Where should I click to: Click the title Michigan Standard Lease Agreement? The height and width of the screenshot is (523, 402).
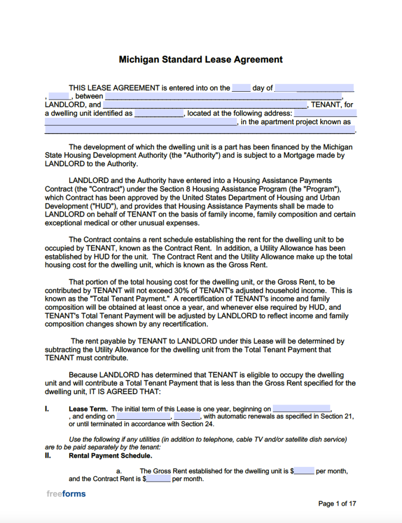(200, 59)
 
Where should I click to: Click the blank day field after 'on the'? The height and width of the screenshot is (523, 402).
(241, 88)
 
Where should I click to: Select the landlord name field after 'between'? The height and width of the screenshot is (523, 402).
(224, 96)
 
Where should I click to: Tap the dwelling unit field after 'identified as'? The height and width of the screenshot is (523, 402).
(159, 113)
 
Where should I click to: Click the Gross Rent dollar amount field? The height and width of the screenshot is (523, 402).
(304, 471)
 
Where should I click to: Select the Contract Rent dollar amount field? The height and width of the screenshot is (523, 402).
(158, 479)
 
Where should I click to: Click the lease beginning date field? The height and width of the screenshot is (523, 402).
(301, 409)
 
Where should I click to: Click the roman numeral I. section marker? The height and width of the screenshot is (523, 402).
(47, 409)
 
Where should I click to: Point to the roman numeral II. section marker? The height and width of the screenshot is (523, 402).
(48, 456)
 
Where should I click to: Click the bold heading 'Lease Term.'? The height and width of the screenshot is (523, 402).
(88, 409)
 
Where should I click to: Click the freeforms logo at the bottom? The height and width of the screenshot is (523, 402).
(65, 494)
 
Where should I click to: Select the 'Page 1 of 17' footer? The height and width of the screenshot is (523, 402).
(337, 504)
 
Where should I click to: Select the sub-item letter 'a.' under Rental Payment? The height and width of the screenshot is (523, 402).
(119, 471)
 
